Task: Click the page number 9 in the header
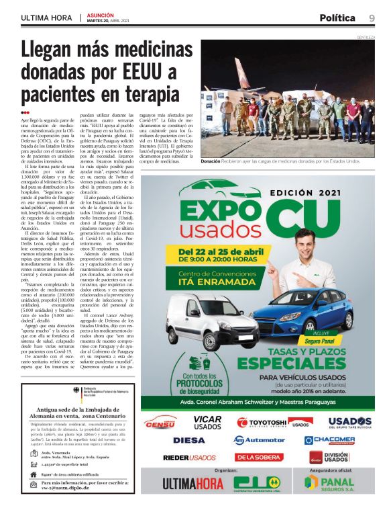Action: click(372, 17)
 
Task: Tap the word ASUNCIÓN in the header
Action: click(101, 14)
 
